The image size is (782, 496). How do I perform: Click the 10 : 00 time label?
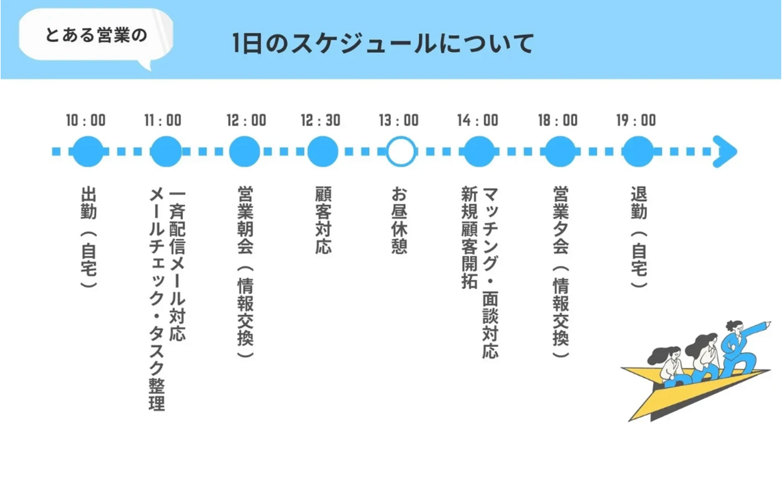point(86,120)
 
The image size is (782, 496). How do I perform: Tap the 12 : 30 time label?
point(320,120)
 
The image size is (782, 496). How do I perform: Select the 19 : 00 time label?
point(636,120)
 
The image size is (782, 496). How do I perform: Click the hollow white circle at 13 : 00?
point(401,151)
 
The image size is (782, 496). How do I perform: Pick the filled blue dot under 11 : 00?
point(166,151)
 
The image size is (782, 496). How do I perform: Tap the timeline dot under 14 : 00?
point(478,151)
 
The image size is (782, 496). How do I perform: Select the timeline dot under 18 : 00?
point(559,151)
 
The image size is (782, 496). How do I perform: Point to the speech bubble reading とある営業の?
point(96,35)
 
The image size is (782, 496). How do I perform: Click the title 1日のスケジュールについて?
point(383,44)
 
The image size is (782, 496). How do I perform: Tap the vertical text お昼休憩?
point(399,220)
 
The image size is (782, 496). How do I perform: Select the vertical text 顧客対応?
point(323,220)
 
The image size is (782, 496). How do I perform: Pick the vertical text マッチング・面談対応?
point(490,272)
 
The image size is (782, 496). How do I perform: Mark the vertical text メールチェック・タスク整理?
point(156,299)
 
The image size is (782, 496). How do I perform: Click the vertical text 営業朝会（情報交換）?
point(245,271)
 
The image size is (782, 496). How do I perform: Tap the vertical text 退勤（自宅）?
point(639,237)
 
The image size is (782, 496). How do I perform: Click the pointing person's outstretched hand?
point(767,325)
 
